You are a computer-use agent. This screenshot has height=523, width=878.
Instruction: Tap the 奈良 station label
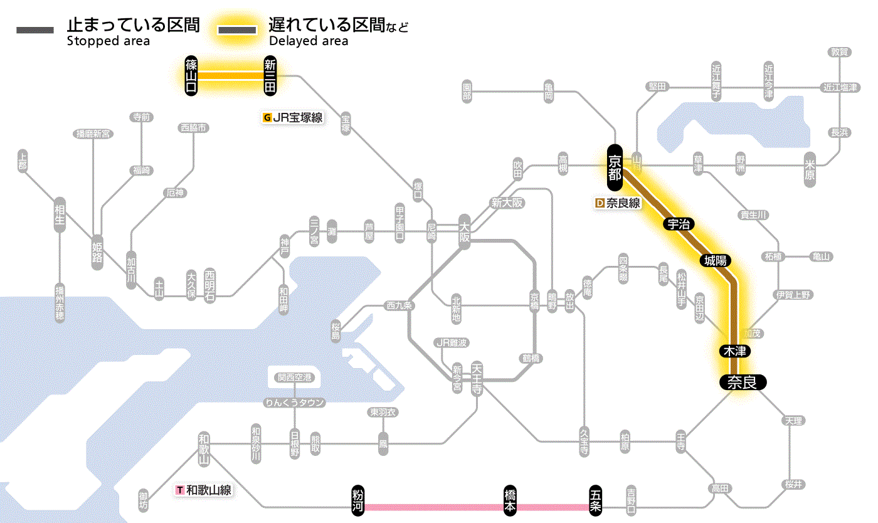[743, 382]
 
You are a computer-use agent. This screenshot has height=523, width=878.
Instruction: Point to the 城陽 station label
[717, 260]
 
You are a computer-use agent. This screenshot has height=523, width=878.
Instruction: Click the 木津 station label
[734, 351]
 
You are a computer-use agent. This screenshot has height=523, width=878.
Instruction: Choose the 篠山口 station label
[191, 76]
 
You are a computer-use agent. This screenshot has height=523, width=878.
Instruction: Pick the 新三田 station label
[270, 76]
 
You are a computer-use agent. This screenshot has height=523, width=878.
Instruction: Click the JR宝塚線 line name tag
[294, 117]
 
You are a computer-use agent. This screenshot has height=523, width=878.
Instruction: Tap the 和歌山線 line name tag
[204, 490]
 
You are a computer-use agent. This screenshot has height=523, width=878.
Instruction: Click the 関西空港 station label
[294, 378]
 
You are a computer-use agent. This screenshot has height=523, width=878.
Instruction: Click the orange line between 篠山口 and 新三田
[231, 76]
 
